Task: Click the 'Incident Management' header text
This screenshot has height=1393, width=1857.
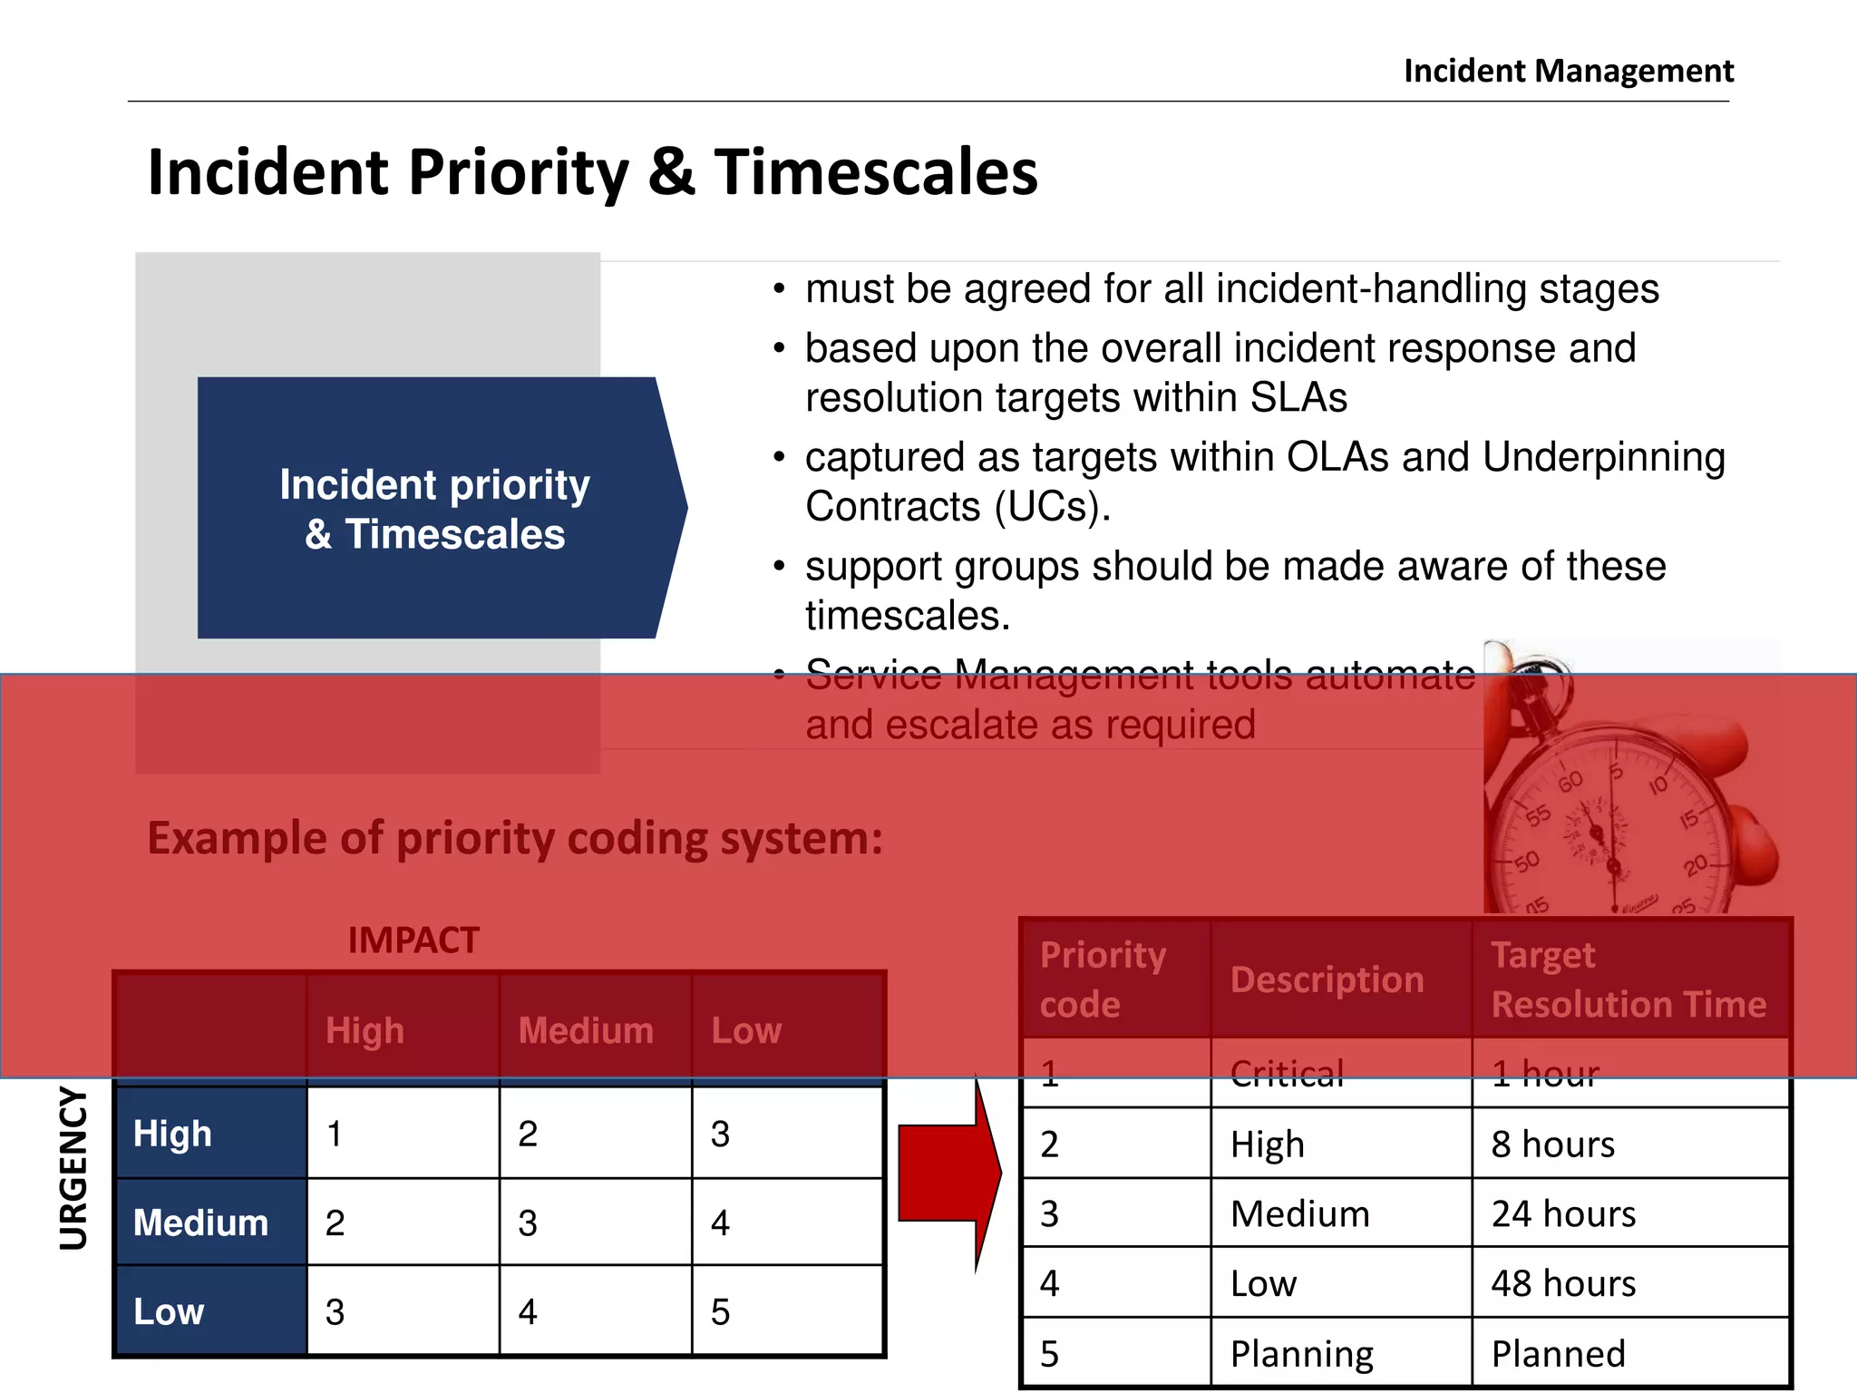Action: (x=1568, y=71)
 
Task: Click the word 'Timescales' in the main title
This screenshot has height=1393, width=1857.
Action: (x=875, y=172)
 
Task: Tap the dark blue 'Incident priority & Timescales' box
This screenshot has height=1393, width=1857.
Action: (x=435, y=509)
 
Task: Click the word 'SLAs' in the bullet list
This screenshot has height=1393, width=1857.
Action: (x=1298, y=398)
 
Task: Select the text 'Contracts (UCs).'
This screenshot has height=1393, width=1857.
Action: (x=958, y=507)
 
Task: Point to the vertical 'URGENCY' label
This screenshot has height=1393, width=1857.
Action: (x=74, y=1169)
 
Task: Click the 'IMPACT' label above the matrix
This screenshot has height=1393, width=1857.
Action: (x=413, y=940)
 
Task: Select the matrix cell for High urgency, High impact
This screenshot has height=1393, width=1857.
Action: (x=403, y=1134)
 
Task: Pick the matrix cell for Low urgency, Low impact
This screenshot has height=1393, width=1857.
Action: (x=786, y=1311)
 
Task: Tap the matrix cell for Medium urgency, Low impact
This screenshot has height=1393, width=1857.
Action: (x=786, y=1223)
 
